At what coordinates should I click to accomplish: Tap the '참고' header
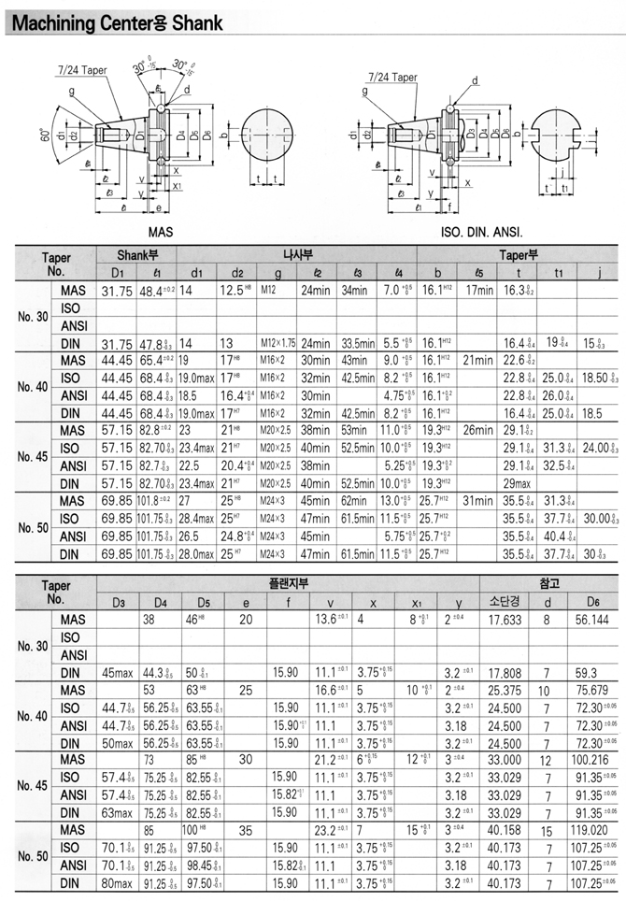coord(549,582)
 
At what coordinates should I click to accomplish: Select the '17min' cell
coord(479,291)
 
